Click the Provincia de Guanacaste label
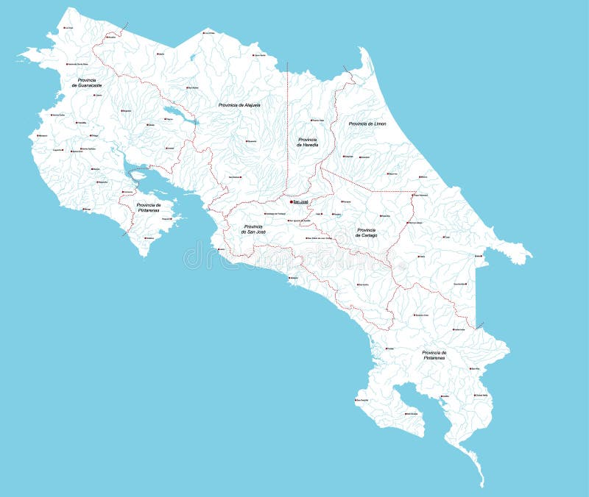(87, 82)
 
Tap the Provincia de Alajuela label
(239, 105)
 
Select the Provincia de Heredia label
(308, 142)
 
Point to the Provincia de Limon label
(367, 124)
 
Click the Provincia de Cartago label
(367, 232)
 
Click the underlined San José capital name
(301, 201)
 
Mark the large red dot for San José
(292, 201)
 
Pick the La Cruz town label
(69, 28)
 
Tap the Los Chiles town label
(209, 33)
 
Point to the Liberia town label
(98, 95)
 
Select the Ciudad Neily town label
(482, 396)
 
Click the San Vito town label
(475, 368)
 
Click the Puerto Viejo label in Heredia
(317, 120)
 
